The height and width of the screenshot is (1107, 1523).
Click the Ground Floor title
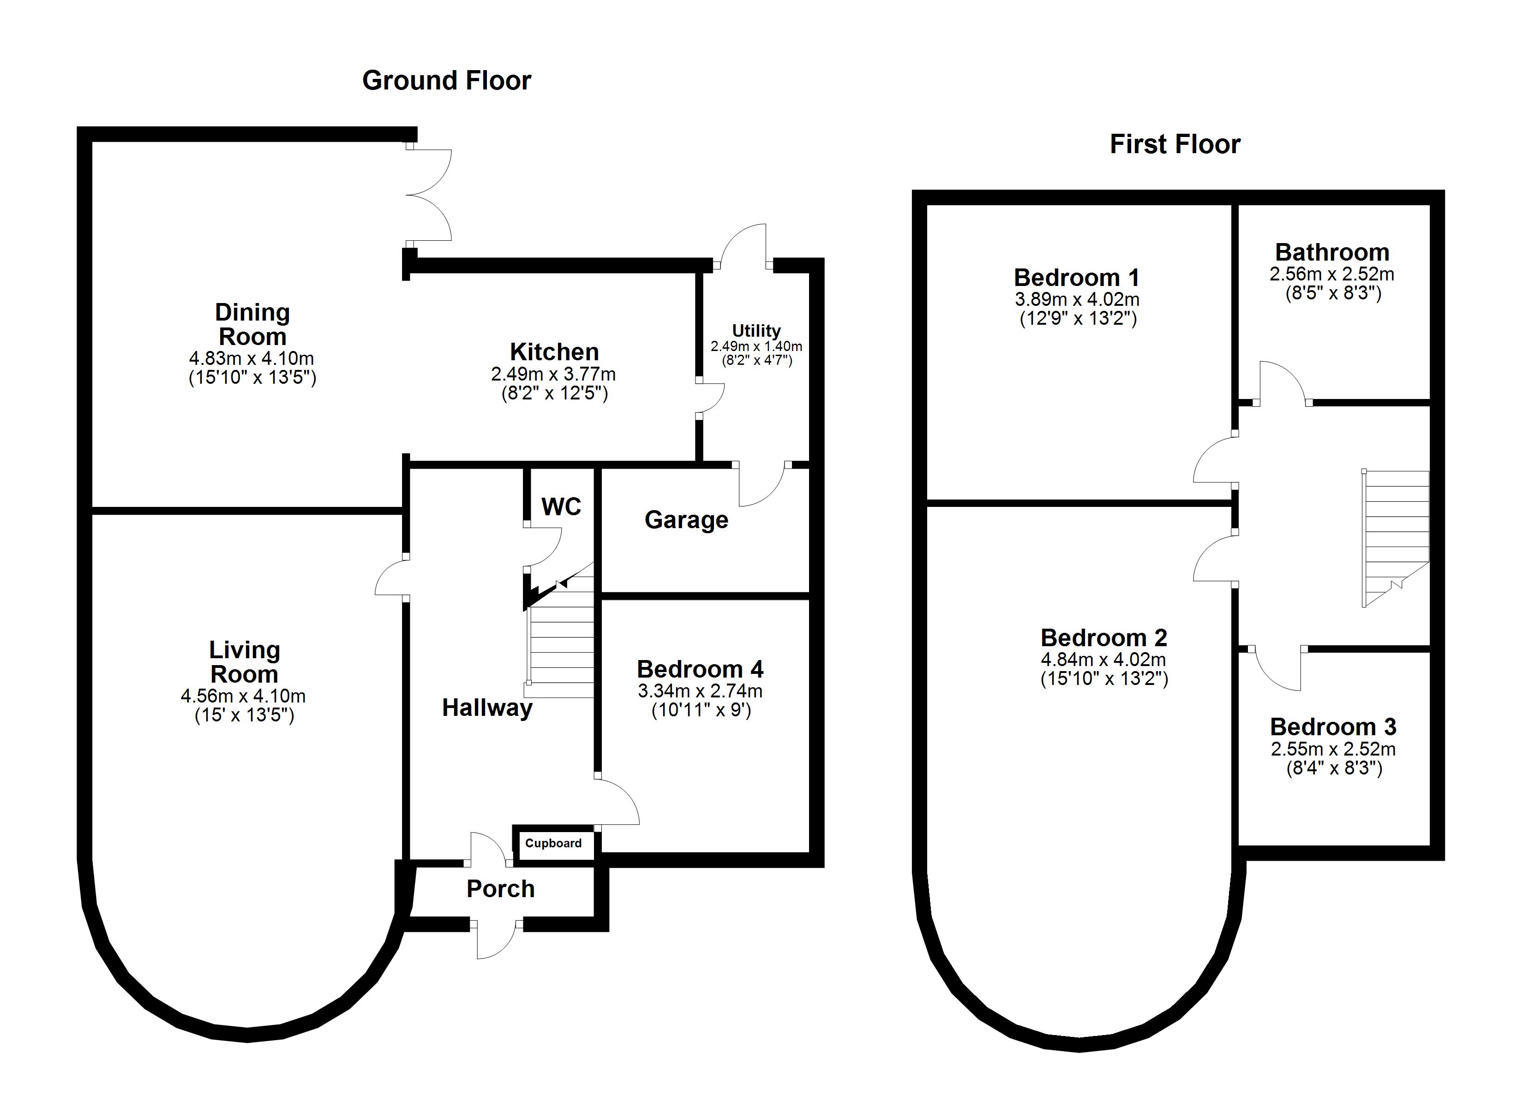[447, 81]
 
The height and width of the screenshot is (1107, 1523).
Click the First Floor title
[1175, 144]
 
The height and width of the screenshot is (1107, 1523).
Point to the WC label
[561, 507]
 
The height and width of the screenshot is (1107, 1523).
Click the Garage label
[686, 520]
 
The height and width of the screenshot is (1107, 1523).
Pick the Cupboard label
[553, 843]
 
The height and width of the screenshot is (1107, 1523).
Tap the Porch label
[500, 889]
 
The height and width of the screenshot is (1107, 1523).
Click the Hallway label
[487, 708]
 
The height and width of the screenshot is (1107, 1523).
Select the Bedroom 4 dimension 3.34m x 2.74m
[700, 691]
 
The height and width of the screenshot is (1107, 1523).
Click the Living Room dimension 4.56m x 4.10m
[243, 696]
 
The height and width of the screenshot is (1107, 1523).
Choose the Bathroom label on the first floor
[1331, 252]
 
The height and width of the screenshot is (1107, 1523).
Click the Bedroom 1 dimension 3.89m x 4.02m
[1076, 299]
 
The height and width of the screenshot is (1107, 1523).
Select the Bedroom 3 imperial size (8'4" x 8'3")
[1334, 768]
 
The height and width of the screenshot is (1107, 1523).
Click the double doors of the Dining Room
[430, 195]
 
